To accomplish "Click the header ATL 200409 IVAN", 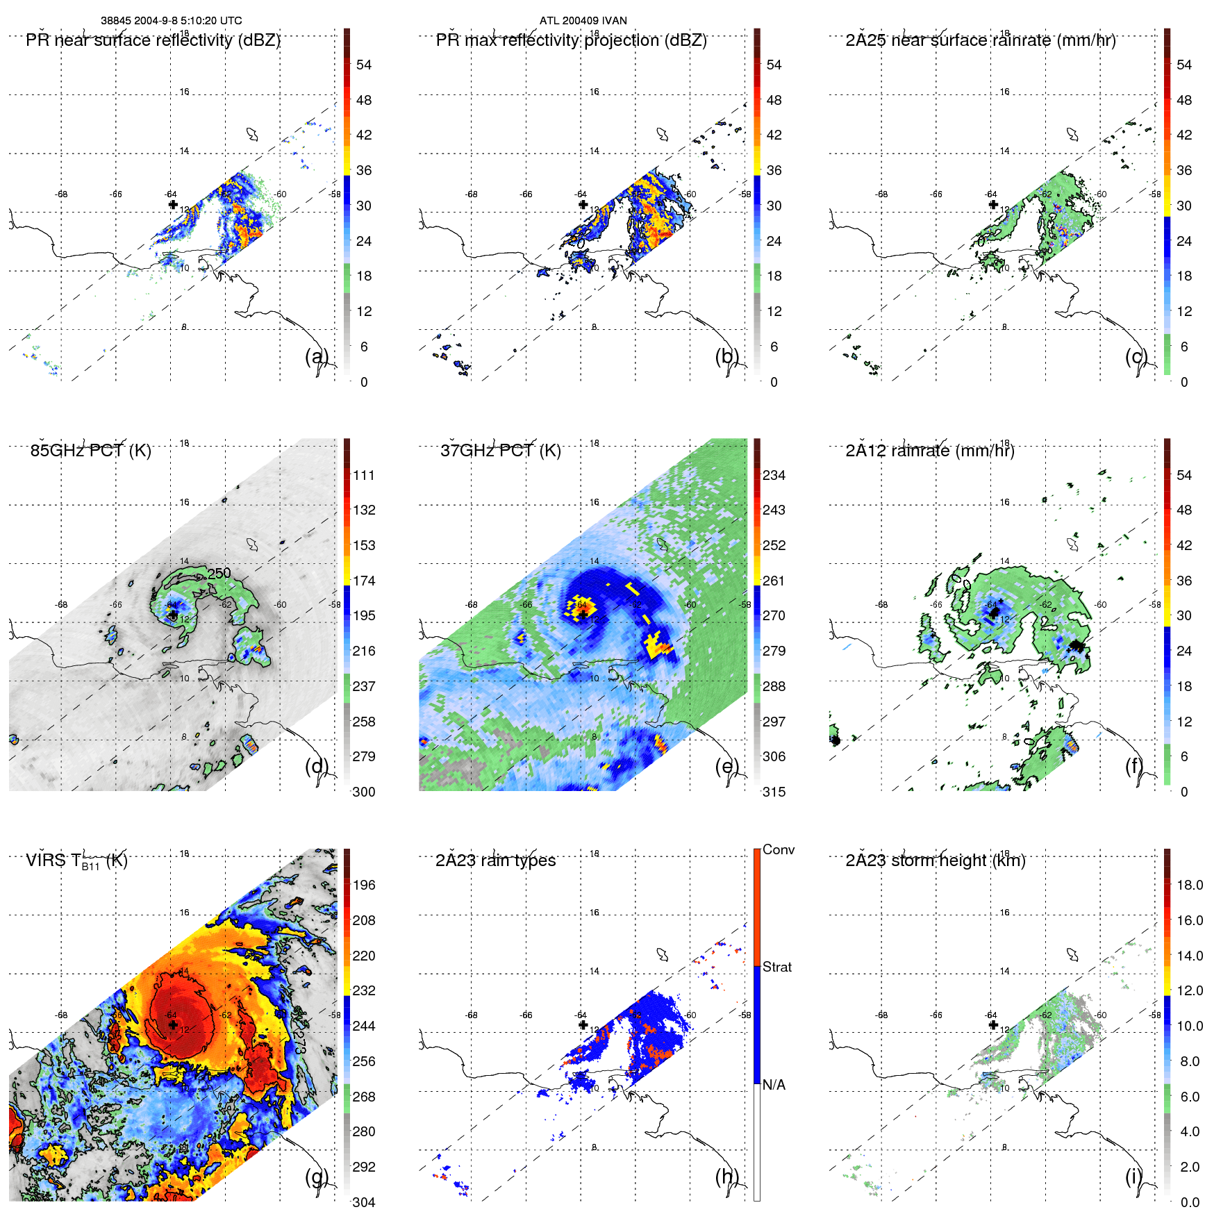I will [583, 21].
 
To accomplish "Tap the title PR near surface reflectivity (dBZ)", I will [153, 40].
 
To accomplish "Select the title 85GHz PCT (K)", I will [90, 451].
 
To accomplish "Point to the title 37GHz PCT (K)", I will [500, 451].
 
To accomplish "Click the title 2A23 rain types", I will [495, 861].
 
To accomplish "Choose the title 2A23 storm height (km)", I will [935, 861].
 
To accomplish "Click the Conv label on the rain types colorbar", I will [778, 849].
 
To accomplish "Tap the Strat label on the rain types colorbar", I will [776, 967].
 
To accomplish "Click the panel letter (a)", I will [317, 356].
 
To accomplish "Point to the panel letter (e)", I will [726, 766].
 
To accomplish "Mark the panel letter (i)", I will [1135, 1177].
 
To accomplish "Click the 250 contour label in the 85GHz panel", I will [219, 573].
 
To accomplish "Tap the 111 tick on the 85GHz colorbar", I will [364, 475].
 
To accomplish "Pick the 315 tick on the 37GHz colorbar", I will [774, 792].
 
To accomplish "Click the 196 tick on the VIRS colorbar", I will [364, 885].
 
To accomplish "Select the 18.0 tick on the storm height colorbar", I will [1190, 885].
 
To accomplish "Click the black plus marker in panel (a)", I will [173, 204].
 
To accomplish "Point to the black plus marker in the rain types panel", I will [583, 1024].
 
